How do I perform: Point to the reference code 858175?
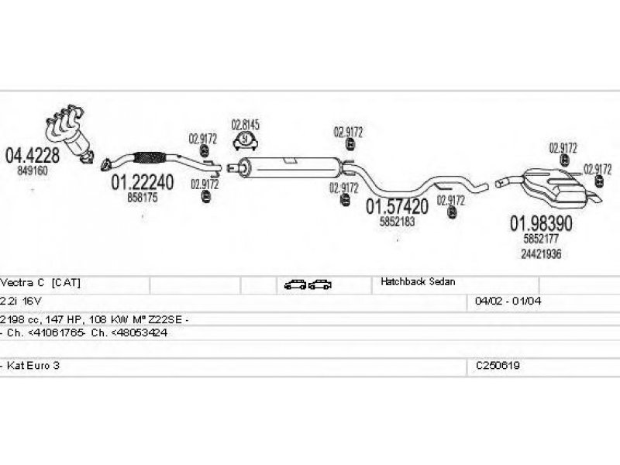tap(142, 198)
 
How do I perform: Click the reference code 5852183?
tap(397, 222)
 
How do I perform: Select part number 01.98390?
tap(540, 223)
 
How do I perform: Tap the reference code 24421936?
tap(542, 253)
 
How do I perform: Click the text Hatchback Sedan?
tap(418, 283)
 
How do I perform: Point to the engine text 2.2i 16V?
tap(19, 300)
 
